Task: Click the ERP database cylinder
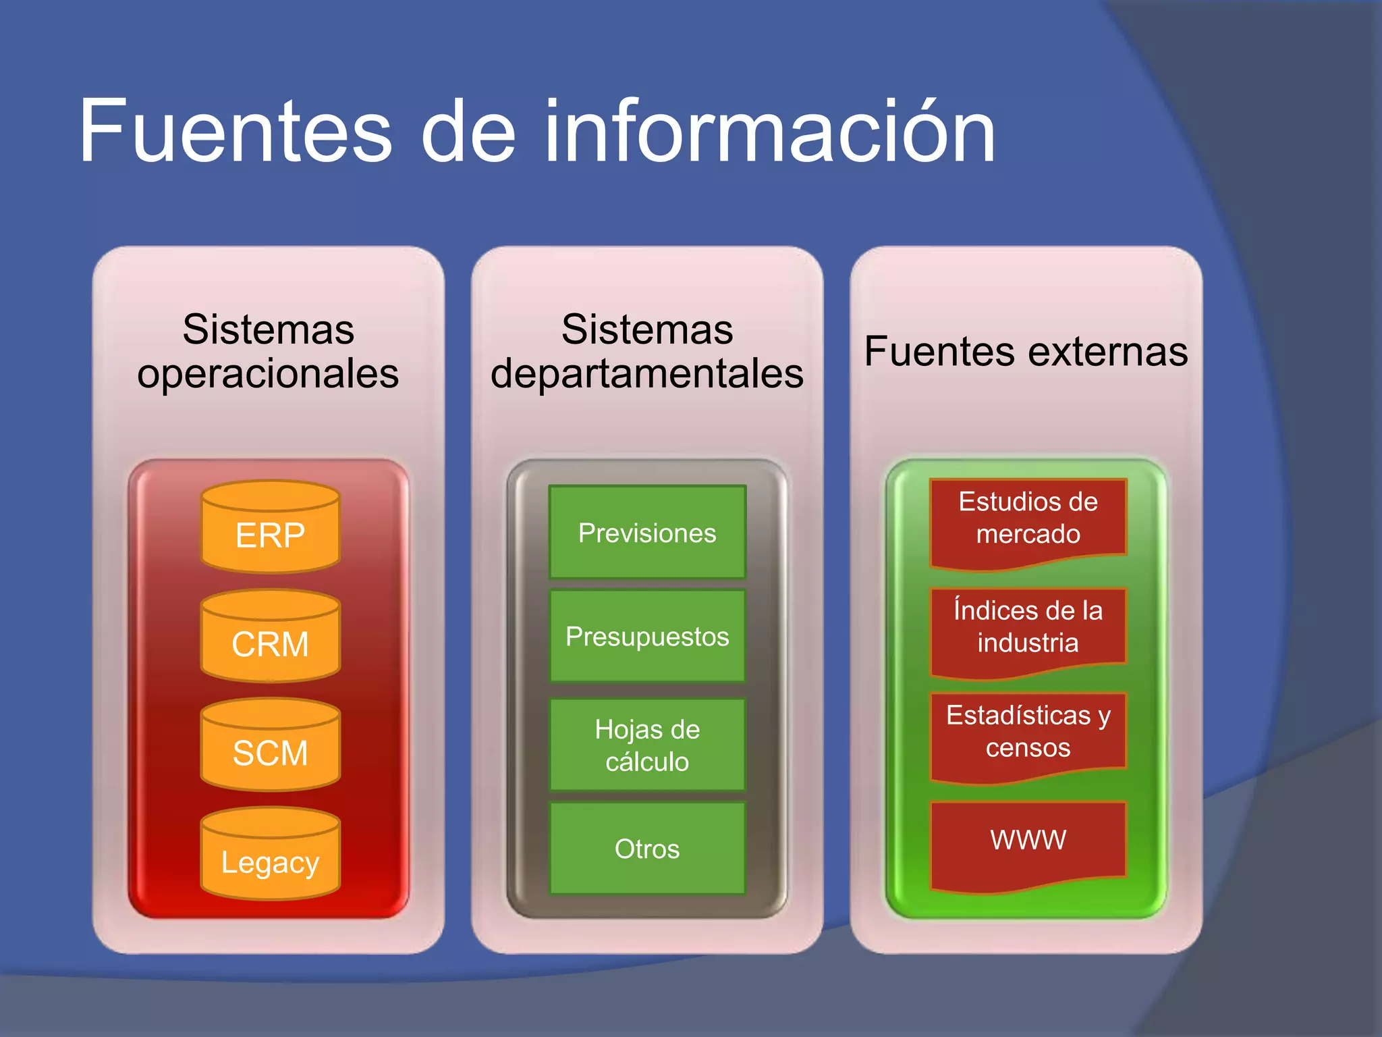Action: (270, 528)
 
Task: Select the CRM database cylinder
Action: (270, 637)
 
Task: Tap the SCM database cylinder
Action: (270, 745)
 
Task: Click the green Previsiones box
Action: (647, 533)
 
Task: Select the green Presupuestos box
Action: (647, 636)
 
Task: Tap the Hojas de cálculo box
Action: (647, 745)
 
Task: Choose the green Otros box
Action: (647, 849)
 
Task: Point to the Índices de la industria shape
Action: (1028, 628)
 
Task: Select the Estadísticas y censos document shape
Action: (1028, 733)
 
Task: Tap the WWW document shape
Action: (1028, 842)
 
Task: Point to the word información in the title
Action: (769, 131)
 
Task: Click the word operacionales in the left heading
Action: (268, 373)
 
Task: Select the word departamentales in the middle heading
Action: (647, 373)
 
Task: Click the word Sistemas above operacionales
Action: (268, 329)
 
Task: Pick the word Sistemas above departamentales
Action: (647, 329)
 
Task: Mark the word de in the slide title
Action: (468, 131)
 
